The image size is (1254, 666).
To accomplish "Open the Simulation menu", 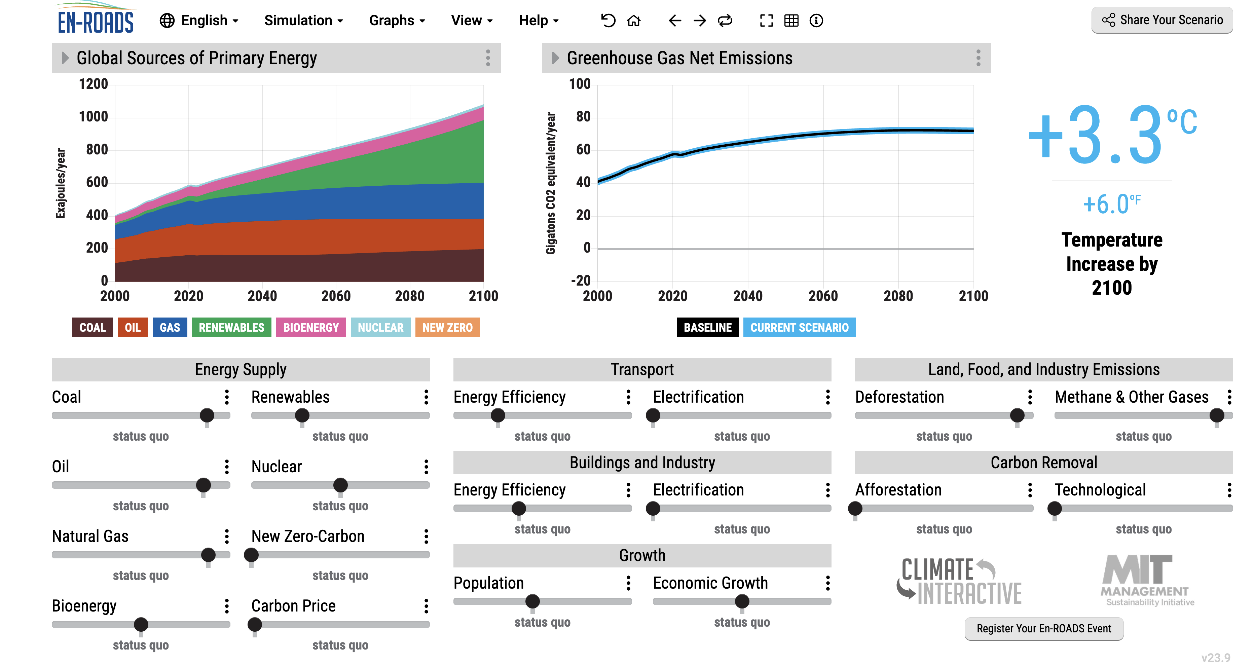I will click(x=303, y=21).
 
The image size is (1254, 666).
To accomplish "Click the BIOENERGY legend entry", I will click(x=310, y=328).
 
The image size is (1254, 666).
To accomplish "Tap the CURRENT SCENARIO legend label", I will click(x=799, y=328).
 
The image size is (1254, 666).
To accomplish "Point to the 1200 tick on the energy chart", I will click(x=94, y=84).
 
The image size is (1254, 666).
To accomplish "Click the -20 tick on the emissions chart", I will click(x=580, y=281).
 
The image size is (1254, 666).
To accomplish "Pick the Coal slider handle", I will click(x=207, y=415).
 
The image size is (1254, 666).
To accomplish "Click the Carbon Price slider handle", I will click(x=255, y=624).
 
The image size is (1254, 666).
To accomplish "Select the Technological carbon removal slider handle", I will click(x=1055, y=508).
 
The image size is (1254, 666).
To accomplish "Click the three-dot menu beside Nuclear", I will click(x=426, y=467).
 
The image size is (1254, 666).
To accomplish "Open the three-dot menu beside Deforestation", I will click(x=1030, y=397).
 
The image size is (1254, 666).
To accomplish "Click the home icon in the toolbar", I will click(x=633, y=21).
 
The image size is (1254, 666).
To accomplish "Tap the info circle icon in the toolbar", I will click(x=816, y=21).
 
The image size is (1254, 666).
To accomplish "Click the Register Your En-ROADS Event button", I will click(x=1044, y=629).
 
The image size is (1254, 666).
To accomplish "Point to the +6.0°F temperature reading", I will click(x=1111, y=204).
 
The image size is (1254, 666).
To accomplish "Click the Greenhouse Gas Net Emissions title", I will click(x=679, y=58).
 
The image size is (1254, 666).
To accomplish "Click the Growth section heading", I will click(x=641, y=555).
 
